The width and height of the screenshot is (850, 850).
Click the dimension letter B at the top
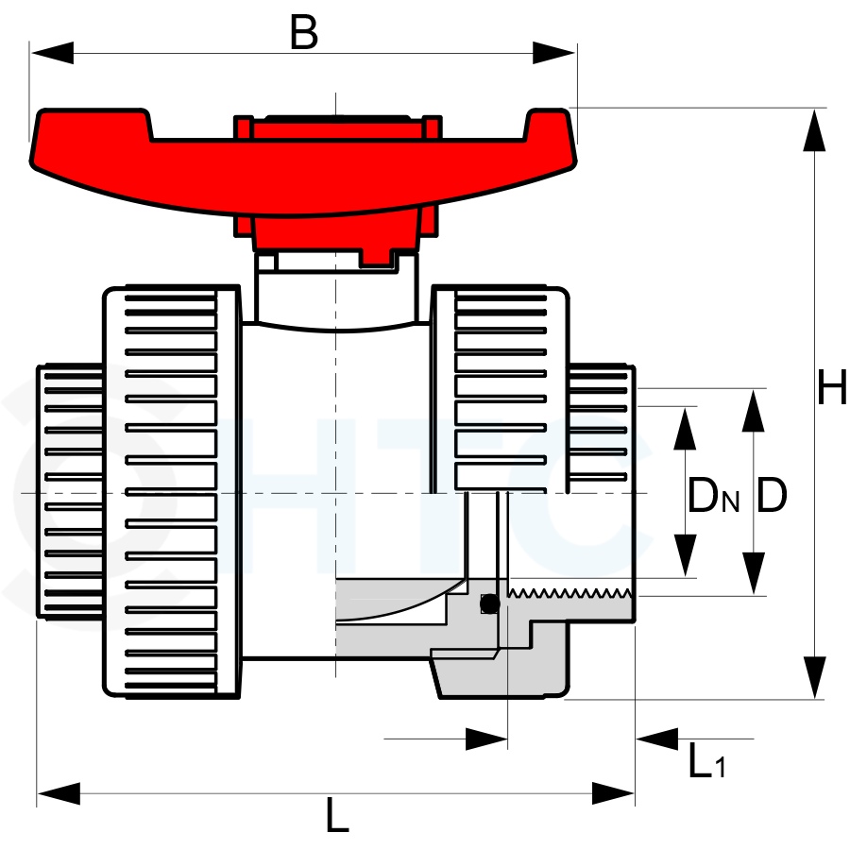click(303, 32)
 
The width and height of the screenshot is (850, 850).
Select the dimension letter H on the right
click(832, 386)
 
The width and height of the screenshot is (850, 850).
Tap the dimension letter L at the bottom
click(337, 815)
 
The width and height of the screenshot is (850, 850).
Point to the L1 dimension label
click(706, 760)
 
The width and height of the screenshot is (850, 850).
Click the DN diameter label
click(714, 495)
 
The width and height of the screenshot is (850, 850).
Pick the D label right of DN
click(771, 495)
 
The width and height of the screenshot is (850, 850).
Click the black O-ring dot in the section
click(490, 603)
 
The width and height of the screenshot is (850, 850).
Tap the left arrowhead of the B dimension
click(52, 53)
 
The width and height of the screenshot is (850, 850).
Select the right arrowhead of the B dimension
click(554, 53)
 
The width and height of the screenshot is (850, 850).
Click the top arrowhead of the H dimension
click(814, 130)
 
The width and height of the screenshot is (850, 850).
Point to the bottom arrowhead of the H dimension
click(814, 677)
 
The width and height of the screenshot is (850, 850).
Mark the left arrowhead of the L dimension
click(59, 793)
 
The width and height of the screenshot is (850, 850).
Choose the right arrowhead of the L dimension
click(613, 793)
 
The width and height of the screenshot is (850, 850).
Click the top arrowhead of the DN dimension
click(685, 429)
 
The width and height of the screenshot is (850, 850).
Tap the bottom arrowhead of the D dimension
click(753, 573)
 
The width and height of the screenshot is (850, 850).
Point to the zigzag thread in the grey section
click(569, 592)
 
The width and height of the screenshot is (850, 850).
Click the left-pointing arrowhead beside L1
click(657, 739)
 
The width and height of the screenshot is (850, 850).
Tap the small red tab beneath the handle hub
click(376, 258)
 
